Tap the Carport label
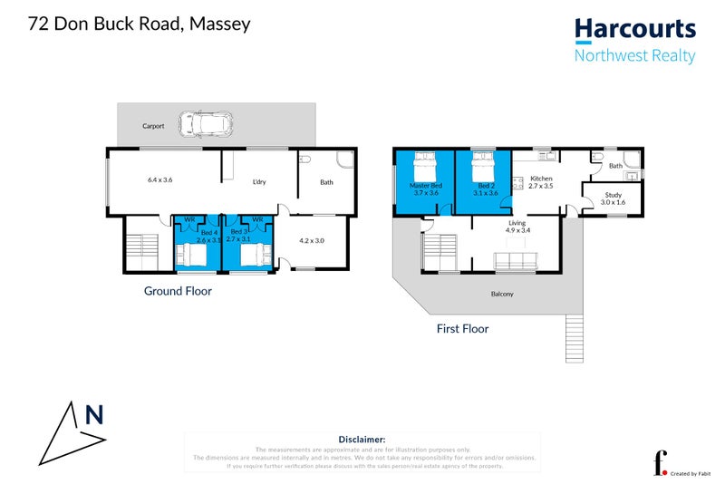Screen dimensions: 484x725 (x=153, y=126)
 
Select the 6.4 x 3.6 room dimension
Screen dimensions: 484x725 (x=159, y=179)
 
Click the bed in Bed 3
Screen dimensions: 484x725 (x=253, y=256)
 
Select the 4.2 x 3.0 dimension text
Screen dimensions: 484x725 (x=311, y=240)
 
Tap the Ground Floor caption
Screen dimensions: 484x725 (x=178, y=291)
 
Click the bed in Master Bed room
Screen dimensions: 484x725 (x=424, y=168)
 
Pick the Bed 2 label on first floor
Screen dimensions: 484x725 (x=487, y=185)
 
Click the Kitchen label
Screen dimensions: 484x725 (x=541, y=178)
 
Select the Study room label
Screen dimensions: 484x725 (x=614, y=194)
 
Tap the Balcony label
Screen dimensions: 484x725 (x=501, y=294)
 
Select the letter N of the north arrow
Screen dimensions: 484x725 (x=93, y=415)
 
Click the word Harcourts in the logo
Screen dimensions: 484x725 (x=635, y=28)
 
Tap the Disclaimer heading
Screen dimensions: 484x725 (x=362, y=439)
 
